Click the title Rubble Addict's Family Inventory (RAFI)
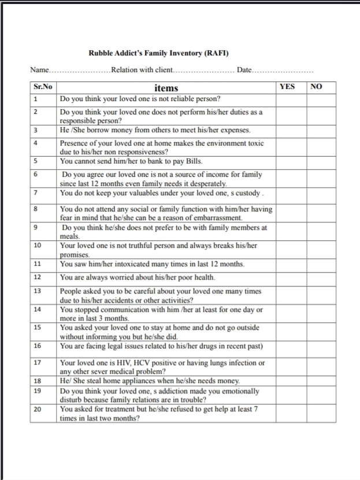[158, 53]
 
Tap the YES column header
[287, 87]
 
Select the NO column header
[316, 87]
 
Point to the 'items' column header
[166, 88]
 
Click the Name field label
[39, 70]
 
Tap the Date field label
[244, 70]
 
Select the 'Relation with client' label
[142, 70]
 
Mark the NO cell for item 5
[322, 161]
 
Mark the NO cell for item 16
[322, 347]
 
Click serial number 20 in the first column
[38, 410]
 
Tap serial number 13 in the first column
[38, 291]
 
